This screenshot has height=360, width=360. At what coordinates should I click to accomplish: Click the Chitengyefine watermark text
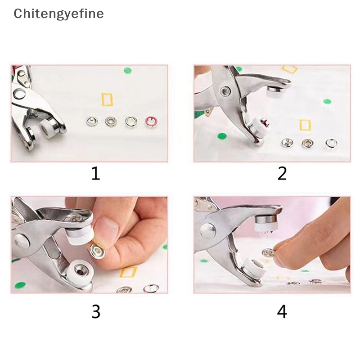click(58, 14)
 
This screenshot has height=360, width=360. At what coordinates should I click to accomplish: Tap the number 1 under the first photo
click(95, 173)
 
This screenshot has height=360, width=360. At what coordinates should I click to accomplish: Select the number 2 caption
click(282, 173)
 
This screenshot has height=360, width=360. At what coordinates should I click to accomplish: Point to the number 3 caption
click(95, 311)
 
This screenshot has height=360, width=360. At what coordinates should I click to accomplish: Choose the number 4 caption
click(282, 311)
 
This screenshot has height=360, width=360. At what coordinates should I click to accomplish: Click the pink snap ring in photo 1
click(150, 121)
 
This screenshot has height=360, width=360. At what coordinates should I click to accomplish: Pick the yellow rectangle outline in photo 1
click(107, 99)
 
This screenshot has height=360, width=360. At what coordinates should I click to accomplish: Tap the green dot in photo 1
click(128, 70)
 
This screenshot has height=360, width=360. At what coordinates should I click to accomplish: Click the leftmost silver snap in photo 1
click(91, 121)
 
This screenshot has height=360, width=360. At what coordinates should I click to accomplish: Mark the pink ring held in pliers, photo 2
click(261, 121)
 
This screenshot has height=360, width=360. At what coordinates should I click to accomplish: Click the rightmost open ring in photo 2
click(331, 143)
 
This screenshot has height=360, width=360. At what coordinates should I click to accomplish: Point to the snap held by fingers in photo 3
click(96, 251)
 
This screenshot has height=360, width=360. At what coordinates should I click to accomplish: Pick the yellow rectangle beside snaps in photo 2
click(305, 125)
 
